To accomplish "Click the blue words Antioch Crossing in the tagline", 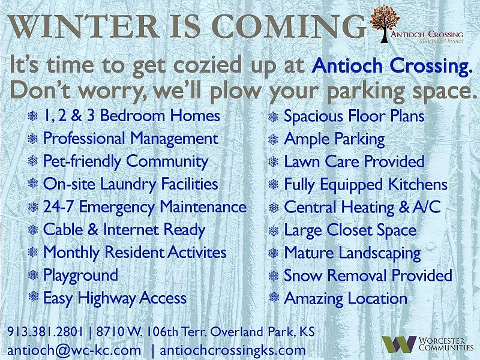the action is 391,65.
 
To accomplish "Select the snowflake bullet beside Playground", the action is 33,275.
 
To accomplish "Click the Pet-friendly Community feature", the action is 125,161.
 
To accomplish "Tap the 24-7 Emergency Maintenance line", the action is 145,207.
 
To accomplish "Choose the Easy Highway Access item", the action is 115,298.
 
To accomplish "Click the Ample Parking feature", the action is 334,139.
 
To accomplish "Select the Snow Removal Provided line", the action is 368,275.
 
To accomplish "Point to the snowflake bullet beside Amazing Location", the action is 274,298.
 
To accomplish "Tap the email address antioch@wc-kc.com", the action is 74,350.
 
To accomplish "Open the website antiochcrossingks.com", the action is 233,350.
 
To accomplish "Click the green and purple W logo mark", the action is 398,344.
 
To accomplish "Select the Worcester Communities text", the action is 446,344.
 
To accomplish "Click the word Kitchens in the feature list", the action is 418,184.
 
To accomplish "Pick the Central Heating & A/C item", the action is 362,207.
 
